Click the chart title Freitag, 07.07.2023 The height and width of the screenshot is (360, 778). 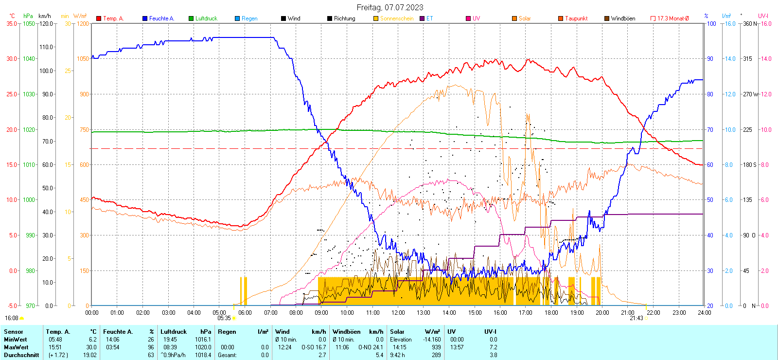(389, 7)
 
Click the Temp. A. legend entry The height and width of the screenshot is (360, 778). (113, 18)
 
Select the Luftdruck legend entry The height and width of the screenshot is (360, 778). (206, 18)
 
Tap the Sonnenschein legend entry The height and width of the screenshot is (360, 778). (396, 18)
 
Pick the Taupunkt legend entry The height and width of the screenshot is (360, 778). (576, 18)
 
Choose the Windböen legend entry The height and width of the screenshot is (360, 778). (622, 18)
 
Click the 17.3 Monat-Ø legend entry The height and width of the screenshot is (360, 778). (672, 18)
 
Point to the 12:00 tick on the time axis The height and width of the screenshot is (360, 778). (398, 313)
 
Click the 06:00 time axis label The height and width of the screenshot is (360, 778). (245, 313)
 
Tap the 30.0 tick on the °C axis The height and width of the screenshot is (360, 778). (12, 59)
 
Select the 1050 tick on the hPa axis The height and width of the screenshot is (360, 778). (29, 23)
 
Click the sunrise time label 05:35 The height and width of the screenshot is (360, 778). (224, 318)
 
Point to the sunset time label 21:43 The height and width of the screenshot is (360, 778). (636, 318)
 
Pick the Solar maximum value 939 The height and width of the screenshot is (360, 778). (436, 347)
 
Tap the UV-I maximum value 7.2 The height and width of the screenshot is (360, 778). (493, 347)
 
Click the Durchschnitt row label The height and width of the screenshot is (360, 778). (21, 355)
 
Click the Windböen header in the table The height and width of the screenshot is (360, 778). (346, 332)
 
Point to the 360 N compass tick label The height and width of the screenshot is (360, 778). (750, 23)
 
